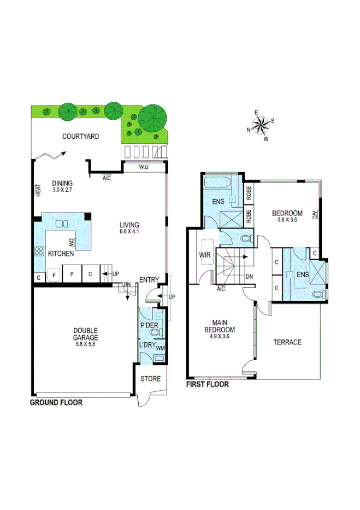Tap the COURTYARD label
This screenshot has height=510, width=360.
pos(80,137)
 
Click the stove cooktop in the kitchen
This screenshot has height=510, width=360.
pos(40,252)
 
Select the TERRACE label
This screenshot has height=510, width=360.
pos(287,342)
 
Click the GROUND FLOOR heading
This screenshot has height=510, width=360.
pos(56,402)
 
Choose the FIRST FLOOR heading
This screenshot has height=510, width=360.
pos(208,384)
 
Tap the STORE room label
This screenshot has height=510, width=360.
pos(151,378)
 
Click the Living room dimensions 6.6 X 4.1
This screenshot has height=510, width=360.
pos(130,232)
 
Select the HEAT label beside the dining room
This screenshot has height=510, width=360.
pos(38,190)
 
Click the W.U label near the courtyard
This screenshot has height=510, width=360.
pos(144,167)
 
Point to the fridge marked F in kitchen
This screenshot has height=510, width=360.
pos(54,275)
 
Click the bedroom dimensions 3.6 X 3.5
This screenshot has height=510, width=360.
pos(287,220)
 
